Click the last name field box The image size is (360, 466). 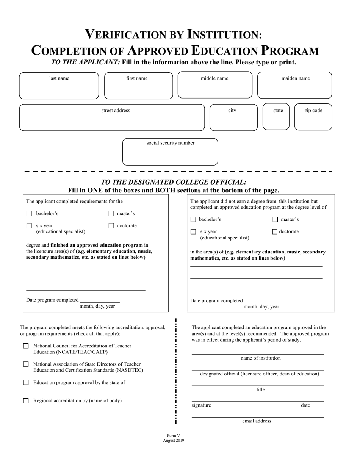coord(59,86)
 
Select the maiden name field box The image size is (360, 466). coord(295,86)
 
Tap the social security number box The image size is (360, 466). coord(170,152)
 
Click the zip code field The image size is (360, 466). coord(313,117)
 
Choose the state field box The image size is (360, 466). coord(275,117)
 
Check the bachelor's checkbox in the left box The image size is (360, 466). coord(29,214)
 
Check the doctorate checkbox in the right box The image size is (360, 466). coord(275,232)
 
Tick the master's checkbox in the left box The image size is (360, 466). coord(111,214)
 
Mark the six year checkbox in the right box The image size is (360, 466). coord(193,232)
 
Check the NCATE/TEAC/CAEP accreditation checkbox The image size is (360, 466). coord(26,346)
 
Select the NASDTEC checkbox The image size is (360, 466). coord(26,364)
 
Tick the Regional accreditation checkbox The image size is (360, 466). coord(26,400)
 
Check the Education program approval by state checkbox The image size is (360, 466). coord(26,382)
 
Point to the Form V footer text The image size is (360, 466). coord(174,436)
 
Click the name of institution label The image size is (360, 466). coord(260,358)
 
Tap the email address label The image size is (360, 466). coord(257,421)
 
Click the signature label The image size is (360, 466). coord(201,405)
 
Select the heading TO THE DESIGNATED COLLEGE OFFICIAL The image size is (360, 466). coord(174,182)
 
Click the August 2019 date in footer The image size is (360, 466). coord(174,441)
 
